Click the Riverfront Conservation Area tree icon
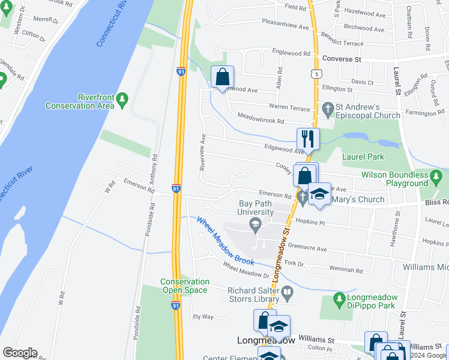point(122,99)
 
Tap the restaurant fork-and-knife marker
point(308,139)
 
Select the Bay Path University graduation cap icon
point(255,224)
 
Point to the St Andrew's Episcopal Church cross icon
point(327,109)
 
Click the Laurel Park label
point(363,157)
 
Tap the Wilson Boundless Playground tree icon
point(438,175)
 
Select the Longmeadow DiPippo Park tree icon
point(340,298)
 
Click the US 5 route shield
point(315,74)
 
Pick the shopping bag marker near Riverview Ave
point(222,76)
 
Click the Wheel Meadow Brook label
point(225,240)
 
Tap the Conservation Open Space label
point(185,286)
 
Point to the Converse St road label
point(341,59)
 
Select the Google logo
point(19,353)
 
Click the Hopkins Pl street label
point(310,223)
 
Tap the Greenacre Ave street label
point(307,248)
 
